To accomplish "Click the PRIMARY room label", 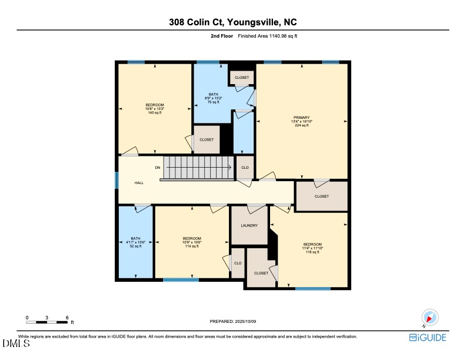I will coord(301,118).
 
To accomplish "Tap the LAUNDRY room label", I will coord(249,225).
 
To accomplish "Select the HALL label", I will coord(139,183).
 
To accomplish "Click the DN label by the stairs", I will coord(157,168).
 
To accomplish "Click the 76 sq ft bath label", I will coord(212,98).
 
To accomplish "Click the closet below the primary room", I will coord(321,196).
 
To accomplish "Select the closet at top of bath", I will coord(242,78).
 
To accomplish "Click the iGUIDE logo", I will coord(427,337).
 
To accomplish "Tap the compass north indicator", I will coord(431,318).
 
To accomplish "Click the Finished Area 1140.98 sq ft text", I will coord(272,36).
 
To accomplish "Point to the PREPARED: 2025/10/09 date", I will coord(233,321).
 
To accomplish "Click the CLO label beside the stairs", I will coord(245,167).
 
